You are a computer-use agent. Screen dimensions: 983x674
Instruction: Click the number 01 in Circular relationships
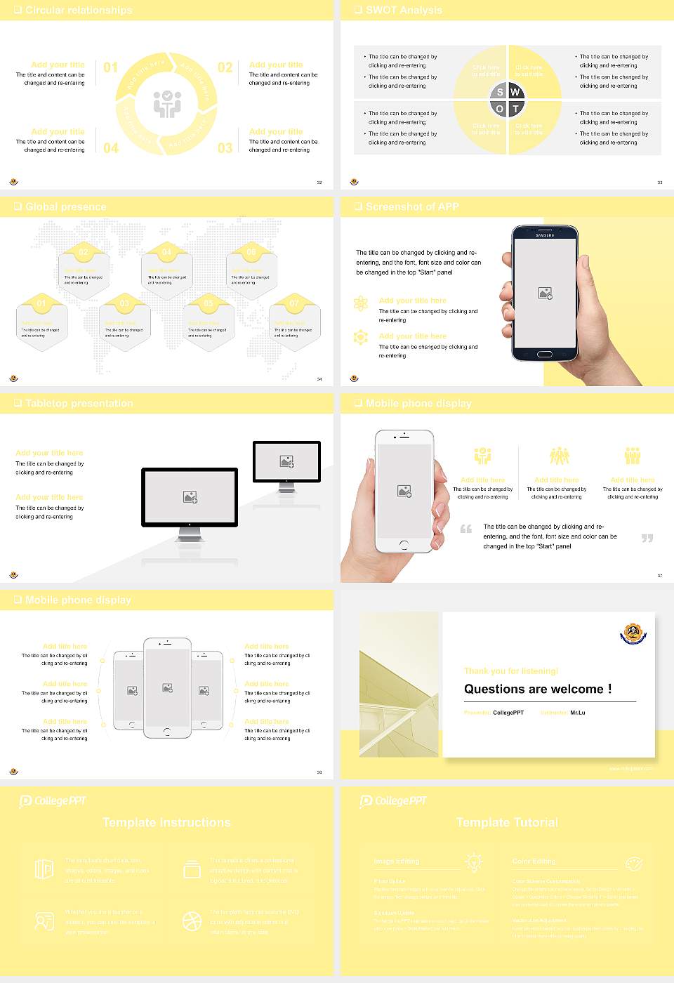coord(111,67)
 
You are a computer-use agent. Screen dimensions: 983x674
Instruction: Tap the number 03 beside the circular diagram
coord(225,148)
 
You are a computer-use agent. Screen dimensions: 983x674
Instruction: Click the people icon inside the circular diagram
coord(167,104)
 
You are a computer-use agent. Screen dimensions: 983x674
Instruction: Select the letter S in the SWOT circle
coord(500,92)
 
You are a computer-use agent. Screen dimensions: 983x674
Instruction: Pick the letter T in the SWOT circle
coord(516,109)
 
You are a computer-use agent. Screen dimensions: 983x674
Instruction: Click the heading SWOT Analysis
coord(404,10)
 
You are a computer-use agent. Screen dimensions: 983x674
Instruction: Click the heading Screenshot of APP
coord(412,206)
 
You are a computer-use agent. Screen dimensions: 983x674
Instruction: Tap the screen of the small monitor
coord(286,461)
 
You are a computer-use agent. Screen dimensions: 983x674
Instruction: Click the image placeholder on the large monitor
coord(190,497)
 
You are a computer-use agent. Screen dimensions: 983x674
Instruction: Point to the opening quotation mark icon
coord(466,529)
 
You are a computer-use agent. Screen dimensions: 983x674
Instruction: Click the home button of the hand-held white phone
coord(404,544)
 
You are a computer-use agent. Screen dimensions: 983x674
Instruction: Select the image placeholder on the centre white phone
coord(167,688)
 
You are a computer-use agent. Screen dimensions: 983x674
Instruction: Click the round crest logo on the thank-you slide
coord(633,633)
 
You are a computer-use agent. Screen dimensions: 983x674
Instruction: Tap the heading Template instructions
coord(166,822)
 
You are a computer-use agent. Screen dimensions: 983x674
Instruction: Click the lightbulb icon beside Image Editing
coord(474,862)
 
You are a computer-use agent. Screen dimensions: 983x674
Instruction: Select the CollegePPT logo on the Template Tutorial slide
coord(393,800)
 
